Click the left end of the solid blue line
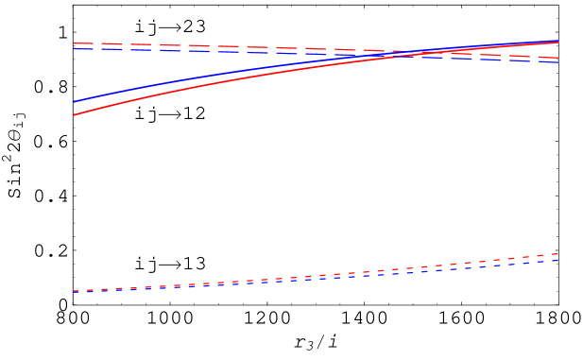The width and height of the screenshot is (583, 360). point(74,101)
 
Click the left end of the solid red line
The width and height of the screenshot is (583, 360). point(74,115)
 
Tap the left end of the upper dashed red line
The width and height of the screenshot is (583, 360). point(74,43)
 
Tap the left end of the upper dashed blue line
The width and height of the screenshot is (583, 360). point(74,48)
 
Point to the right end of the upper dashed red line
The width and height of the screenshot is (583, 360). point(558,58)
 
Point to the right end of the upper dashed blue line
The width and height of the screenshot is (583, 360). point(558,62)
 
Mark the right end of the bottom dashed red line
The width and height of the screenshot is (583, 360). point(558,254)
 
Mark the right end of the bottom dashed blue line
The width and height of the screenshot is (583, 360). point(558,260)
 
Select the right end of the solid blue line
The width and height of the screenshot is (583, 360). point(558,41)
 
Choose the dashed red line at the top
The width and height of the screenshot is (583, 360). point(236,46)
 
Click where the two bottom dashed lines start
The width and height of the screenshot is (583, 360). point(74,291)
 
